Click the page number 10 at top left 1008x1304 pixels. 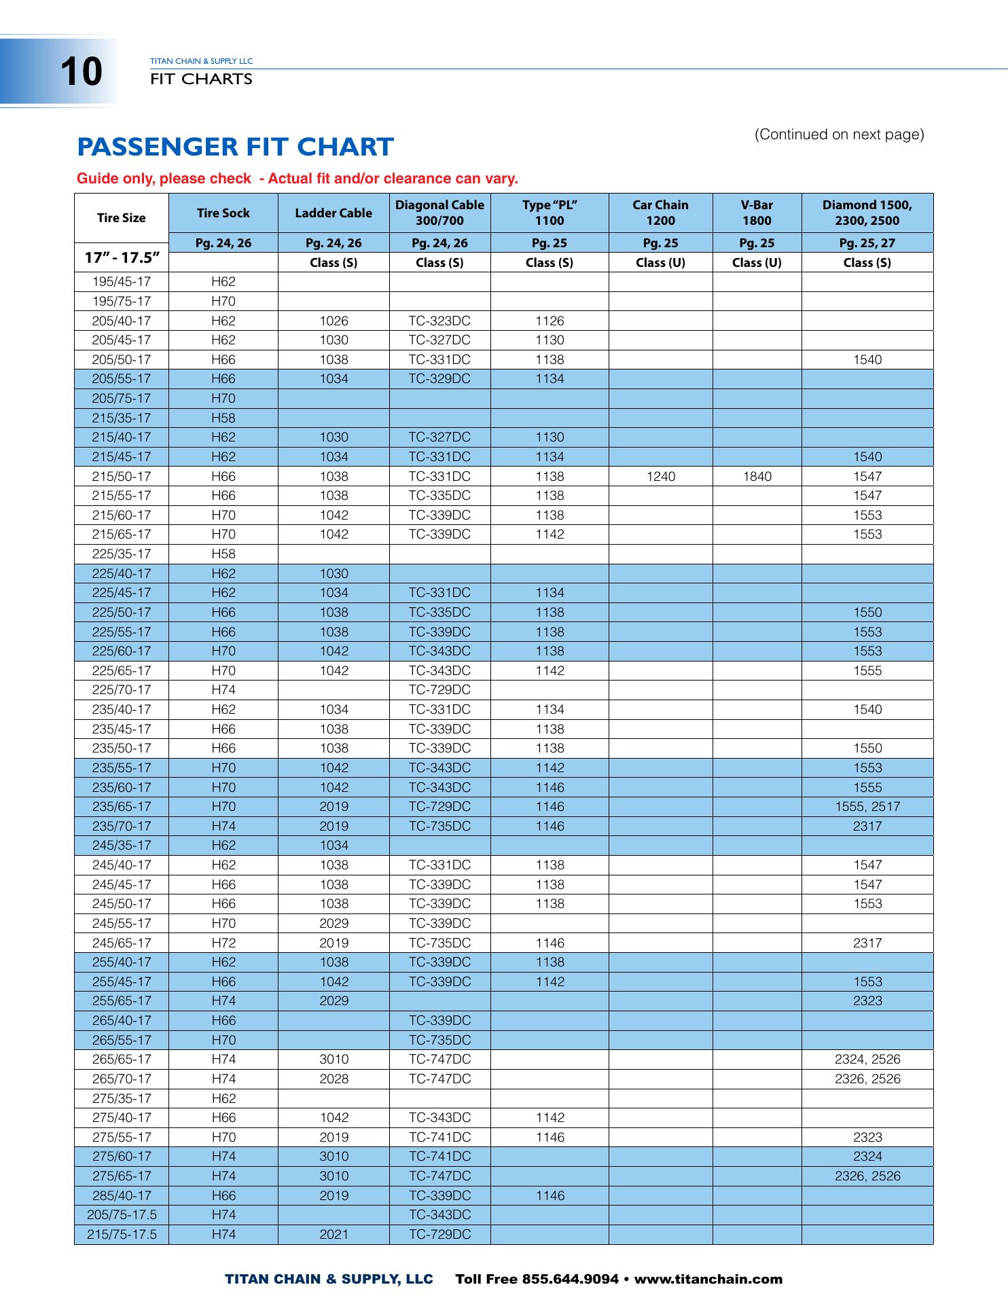pos(81,72)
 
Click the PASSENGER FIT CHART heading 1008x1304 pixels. pos(235,147)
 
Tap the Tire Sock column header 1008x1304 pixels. pos(223,213)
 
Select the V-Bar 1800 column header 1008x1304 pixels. pos(757,213)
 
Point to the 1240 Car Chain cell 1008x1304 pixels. pos(660,477)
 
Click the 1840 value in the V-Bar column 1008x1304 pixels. pos(757,477)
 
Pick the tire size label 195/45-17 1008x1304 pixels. pos(122,282)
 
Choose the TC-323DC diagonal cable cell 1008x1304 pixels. pos(439,321)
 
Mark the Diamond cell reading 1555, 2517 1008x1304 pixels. pos(867,807)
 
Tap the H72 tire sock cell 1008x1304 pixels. pos(223,943)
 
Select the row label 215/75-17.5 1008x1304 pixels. pos(122,1234)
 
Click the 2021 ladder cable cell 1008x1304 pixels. pos(334,1234)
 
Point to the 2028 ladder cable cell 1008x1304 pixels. pos(334,1079)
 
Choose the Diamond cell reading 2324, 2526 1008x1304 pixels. pos(867,1059)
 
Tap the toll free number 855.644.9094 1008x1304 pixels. pos(570,1280)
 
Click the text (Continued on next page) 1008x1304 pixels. pos(839,134)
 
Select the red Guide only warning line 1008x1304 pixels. pos(298,179)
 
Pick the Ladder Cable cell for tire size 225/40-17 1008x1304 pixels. pos(334,574)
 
